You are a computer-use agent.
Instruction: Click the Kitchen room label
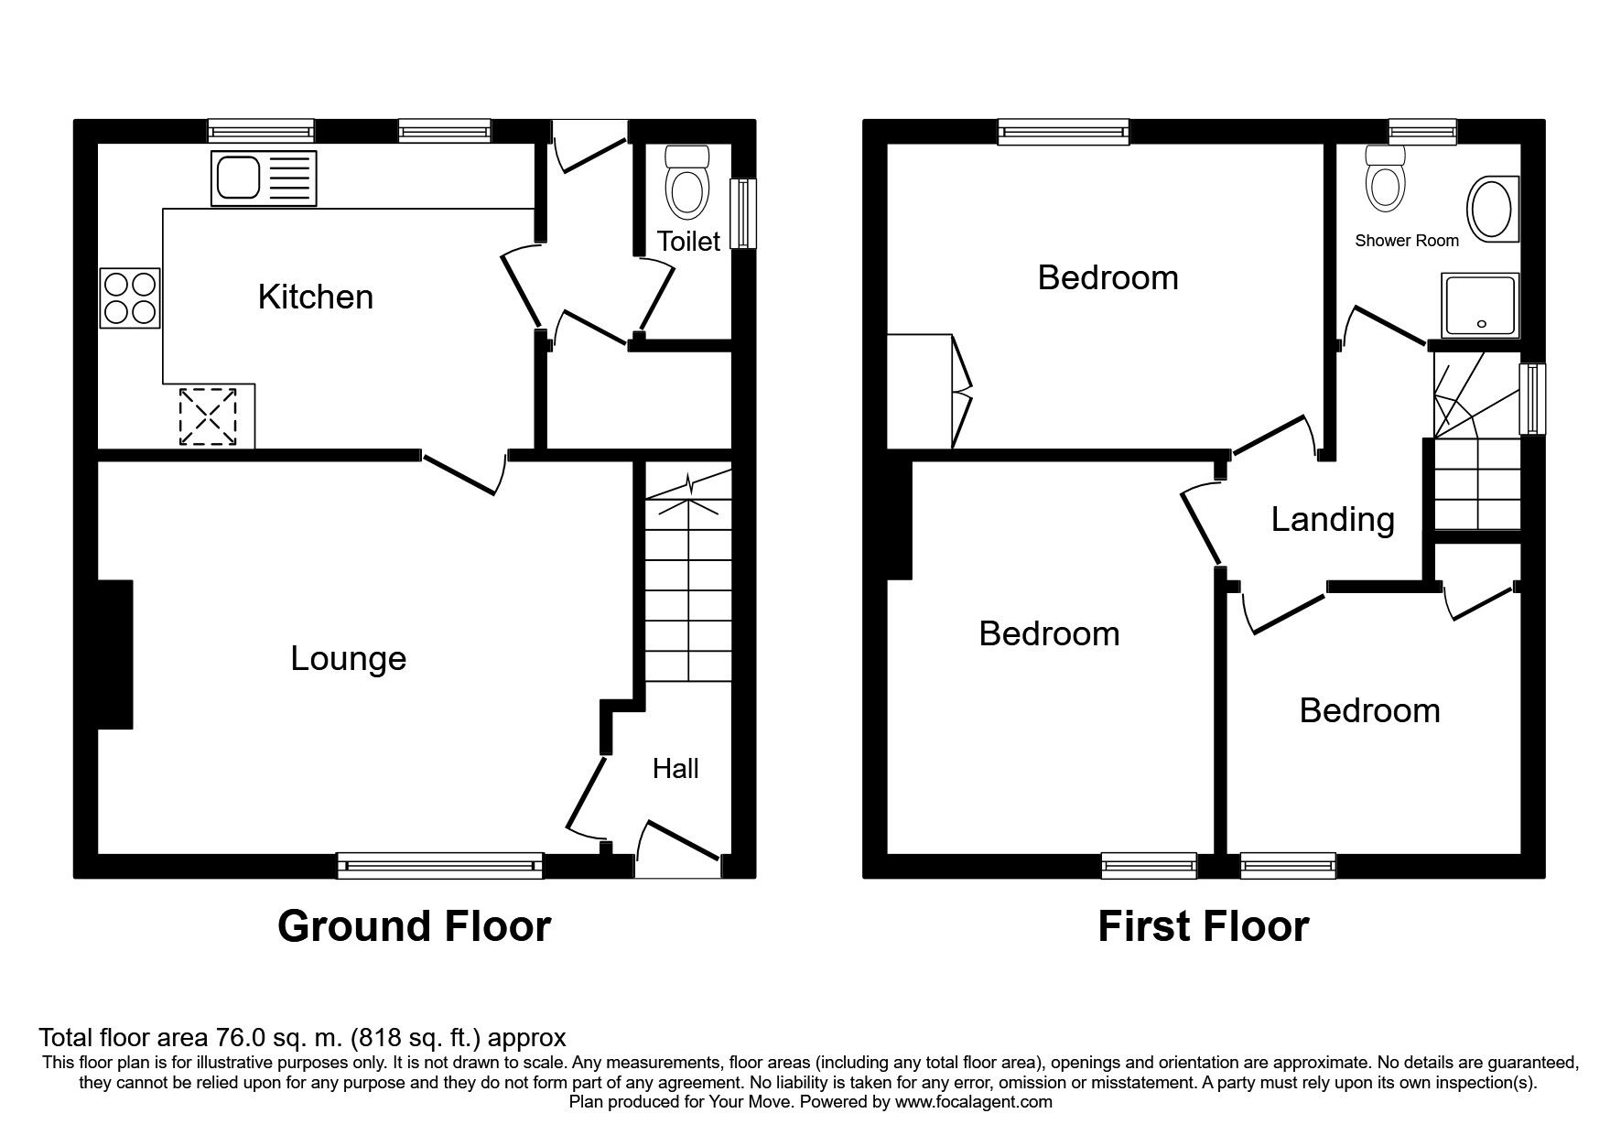315,297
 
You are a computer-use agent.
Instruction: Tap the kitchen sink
264,178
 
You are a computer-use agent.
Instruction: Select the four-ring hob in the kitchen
130,297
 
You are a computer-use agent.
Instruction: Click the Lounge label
348,659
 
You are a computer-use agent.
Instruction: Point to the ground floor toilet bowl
688,182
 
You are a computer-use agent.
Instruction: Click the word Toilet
688,241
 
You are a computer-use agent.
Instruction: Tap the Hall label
675,768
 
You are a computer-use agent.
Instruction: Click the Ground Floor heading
414,926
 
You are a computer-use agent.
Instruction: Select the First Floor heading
1203,926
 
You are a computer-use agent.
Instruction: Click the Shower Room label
1407,241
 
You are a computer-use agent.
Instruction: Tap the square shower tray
1479,305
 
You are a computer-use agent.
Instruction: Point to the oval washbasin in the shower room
1493,210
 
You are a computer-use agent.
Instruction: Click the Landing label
1333,520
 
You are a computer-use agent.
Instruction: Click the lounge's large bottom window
439,865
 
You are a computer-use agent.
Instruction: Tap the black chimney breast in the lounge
115,654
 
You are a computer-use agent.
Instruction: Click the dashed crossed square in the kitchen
209,416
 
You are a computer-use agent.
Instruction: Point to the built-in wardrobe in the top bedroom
928,392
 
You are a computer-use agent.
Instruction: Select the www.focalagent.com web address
973,1102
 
